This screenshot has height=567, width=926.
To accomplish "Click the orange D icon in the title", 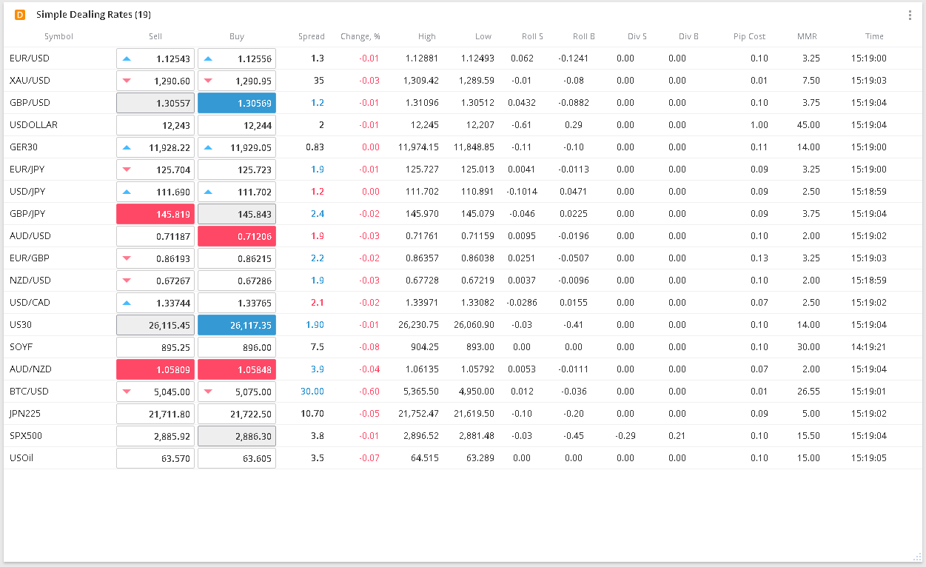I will [20, 15].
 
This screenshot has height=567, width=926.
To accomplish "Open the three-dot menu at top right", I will [910, 15].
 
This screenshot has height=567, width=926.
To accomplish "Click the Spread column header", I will [311, 36].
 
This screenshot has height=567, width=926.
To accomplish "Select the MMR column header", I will [807, 36].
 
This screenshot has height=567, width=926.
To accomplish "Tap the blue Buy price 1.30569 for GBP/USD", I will [237, 103].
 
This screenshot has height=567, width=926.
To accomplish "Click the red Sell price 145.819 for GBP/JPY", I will [155, 214].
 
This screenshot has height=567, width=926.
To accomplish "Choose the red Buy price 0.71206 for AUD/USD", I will [237, 236].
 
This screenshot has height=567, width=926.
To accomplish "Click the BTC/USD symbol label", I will [30, 392].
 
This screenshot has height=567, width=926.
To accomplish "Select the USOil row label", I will [21, 458].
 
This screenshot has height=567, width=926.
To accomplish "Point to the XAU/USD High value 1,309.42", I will [422, 81].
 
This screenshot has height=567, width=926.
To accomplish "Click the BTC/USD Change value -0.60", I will [369, 392].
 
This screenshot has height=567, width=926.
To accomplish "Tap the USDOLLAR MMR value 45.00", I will [808, 125].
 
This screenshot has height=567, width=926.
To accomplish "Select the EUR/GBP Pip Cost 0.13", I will [759, 258].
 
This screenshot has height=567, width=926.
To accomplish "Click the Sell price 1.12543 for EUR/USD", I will [155, 58].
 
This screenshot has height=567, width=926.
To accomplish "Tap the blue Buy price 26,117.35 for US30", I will [237, 325].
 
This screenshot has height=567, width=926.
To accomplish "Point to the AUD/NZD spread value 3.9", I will [318, 369].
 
